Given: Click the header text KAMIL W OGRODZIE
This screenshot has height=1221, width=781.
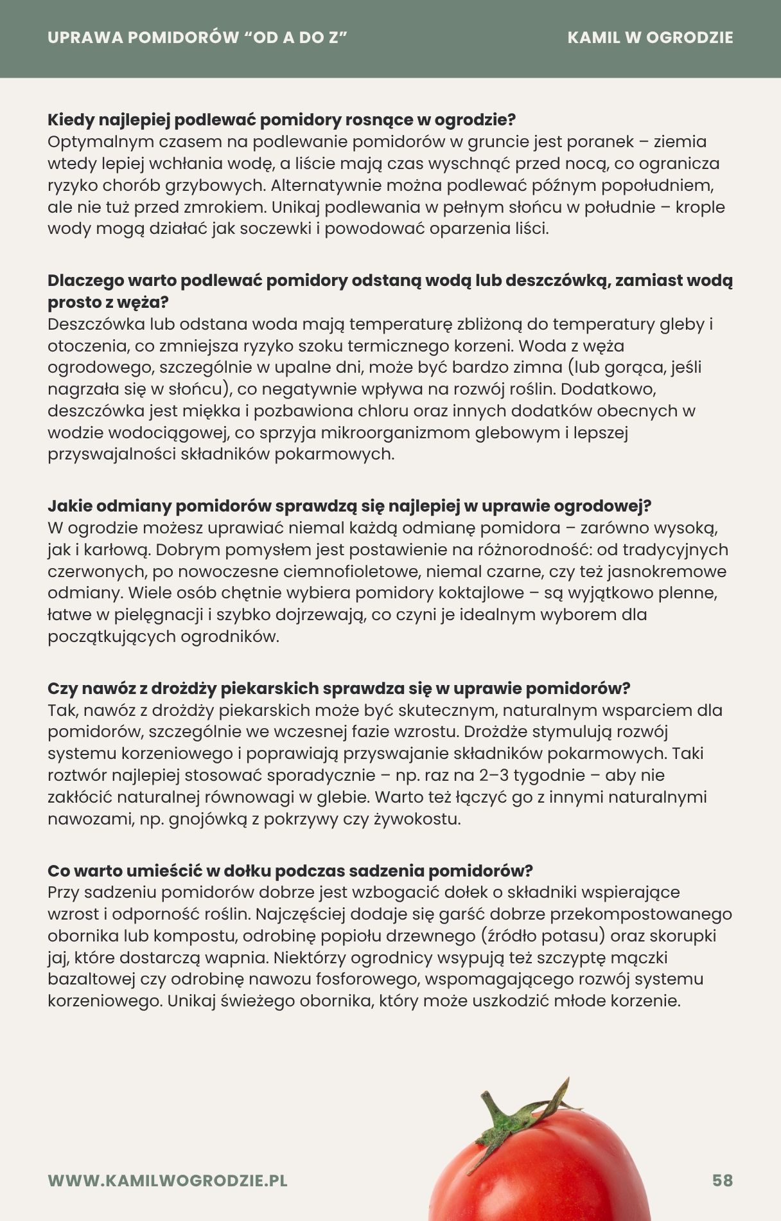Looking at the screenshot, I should coord(650,37).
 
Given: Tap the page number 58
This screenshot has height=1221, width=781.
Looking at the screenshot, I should coord(723,1181).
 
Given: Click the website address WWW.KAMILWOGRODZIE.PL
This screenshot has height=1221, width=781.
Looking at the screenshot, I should coord(168,1181).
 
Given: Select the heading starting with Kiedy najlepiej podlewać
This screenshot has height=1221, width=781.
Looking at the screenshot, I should coord(282,120).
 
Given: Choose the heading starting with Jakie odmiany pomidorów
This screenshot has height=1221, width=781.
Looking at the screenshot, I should coord(349,506).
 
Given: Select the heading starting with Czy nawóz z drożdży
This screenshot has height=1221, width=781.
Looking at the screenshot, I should coord(339,688).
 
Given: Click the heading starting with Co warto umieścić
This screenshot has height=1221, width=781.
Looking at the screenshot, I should coord(290,871).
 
